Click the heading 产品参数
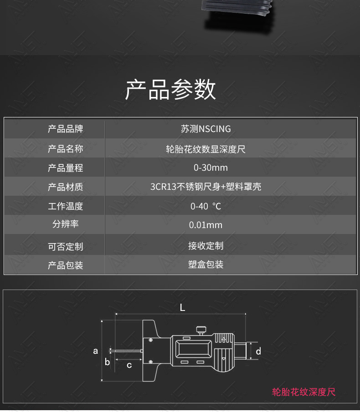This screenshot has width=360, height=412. click(x=170, y=89)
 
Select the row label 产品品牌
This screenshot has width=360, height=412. click(x=66, y=129)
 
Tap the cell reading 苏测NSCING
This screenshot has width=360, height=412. click(x=206, y=129)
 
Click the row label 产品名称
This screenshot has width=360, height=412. click(x=66, y=149)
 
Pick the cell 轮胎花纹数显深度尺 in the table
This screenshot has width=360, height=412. click(x=206, y=149)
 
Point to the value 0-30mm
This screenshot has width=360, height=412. click(x=211, y=168)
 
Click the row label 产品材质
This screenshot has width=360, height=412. click(x=66, y=187)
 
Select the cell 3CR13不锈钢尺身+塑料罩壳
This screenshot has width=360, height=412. click(x=206, y=187)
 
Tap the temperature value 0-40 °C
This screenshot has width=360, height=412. click(x=206, y=206)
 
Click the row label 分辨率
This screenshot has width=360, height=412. click(x=66, y=224)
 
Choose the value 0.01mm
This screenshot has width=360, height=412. click(x=206, y=225)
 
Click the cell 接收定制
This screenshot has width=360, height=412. click(x=206, y=246)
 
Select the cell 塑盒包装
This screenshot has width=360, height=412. click(x=206, y=264)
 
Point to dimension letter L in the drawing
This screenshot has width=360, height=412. click(x=182, y=307)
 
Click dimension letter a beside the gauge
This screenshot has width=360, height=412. click(x=95, y=351)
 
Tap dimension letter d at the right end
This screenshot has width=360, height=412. click(x=258, y=351)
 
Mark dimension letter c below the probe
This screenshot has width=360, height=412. click(x=129, y=365)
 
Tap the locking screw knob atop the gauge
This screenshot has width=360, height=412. click(x=201, y=331)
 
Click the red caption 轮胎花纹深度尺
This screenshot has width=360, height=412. click(x=304, y=392)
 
